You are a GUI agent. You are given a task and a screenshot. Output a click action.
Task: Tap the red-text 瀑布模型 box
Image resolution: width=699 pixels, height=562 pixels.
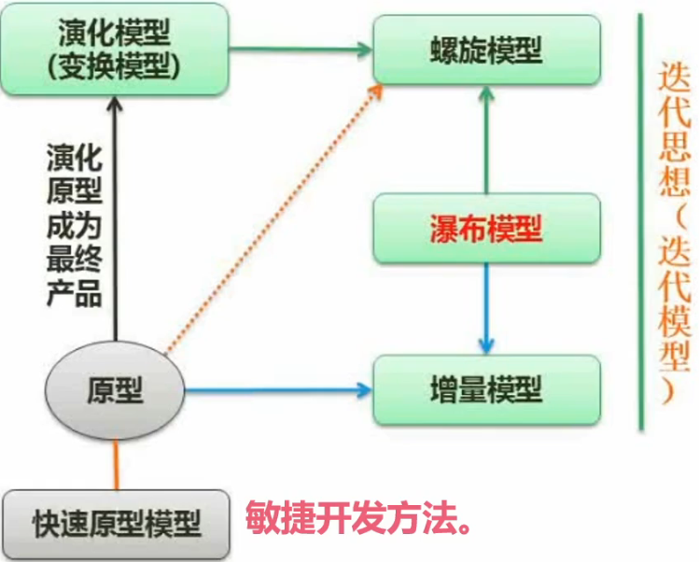[485, 228]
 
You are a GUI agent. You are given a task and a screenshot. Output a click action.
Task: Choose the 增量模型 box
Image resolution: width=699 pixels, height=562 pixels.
[485, 387]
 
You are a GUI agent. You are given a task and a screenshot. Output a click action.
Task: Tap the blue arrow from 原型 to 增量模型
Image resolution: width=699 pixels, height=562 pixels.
[280, 387]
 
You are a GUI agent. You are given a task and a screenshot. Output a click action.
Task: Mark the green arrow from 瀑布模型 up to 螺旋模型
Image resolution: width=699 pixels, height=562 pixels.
[485, 140]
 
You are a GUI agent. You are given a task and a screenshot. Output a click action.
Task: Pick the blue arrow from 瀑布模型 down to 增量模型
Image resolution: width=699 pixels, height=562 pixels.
[485, 308]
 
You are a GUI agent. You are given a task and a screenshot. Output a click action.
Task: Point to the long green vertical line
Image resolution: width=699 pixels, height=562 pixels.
[641, 224]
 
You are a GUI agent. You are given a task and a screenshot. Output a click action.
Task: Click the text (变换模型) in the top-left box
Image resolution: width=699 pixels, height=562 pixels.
[118, 67]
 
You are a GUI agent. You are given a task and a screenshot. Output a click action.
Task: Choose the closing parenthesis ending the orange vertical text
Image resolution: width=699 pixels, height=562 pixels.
[671, 391]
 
